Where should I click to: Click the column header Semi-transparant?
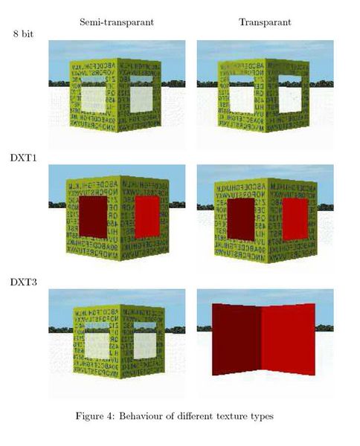117,22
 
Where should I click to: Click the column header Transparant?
265,22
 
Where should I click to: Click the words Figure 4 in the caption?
97,416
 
